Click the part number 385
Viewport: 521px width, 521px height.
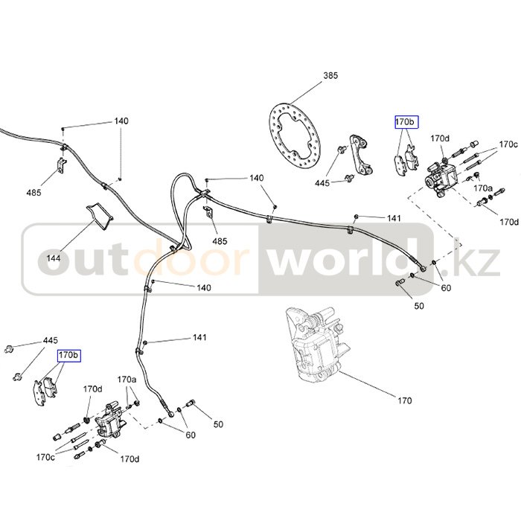[331, 76]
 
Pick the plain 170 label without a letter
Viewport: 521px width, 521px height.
[404, 401]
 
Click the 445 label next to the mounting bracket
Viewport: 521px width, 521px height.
[322, 182]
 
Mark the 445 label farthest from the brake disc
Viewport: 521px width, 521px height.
[50, 340]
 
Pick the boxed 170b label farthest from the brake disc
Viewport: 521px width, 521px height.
[68, 356]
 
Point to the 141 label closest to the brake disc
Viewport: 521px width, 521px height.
[394, 218]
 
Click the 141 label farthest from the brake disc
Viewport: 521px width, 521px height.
[199, 338]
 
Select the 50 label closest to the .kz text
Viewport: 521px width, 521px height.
[419, 306]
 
